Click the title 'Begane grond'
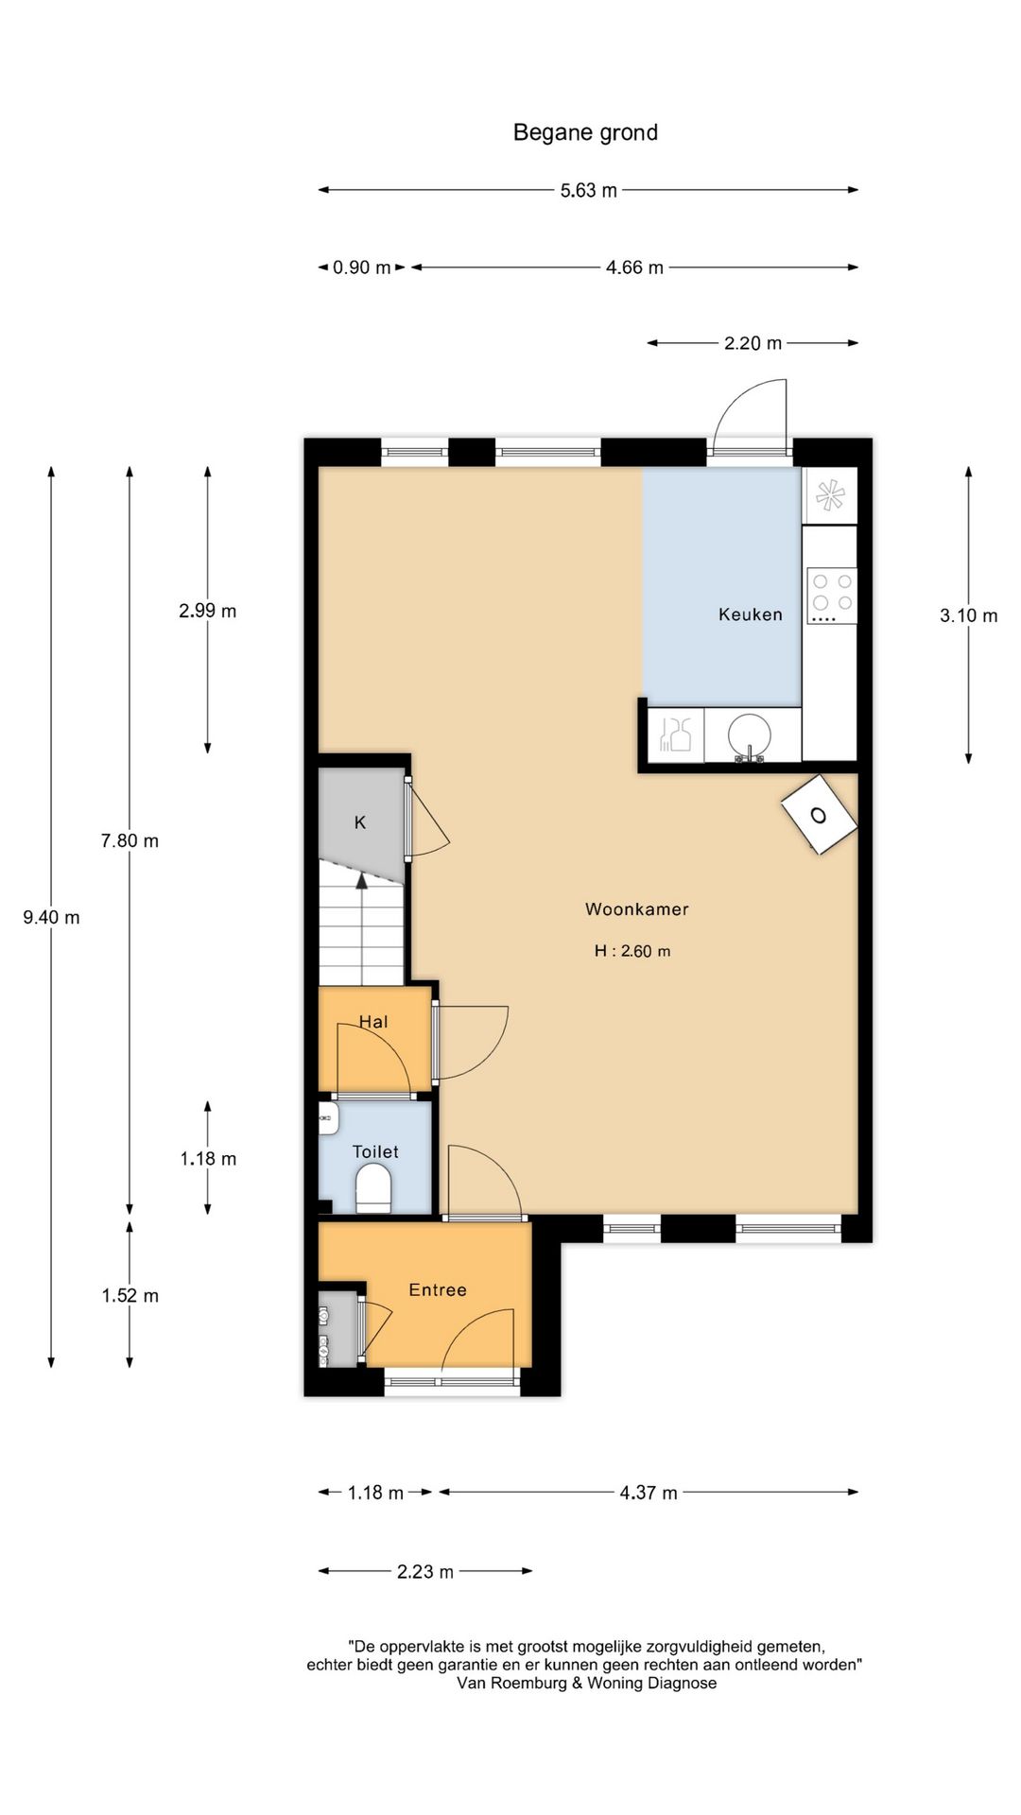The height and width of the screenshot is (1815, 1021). point(585,132)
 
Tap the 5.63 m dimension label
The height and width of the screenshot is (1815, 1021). point(588,190)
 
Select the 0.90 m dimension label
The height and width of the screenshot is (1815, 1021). point(361,268)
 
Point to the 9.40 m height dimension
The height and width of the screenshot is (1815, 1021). point(51,917)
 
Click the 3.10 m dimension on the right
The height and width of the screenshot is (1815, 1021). point(968,615)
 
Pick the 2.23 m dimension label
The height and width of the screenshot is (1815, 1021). point(424,1571)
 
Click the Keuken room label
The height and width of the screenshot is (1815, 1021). point(751,614)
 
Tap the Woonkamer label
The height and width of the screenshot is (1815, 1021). point(637,909)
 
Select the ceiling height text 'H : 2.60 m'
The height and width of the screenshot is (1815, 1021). point(632,951)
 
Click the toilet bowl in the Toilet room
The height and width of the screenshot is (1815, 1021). point(373,1188)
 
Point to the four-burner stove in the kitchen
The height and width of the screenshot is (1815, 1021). point(832,595)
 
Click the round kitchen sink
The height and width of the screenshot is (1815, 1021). point(751,735)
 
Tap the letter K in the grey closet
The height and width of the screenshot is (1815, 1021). point(360,822)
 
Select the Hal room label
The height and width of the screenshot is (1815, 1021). point(373,1022)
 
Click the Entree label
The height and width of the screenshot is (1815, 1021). point(438,1289)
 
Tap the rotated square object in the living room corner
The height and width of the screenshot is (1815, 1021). point(820,815)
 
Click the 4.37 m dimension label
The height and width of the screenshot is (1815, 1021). point(649,1493)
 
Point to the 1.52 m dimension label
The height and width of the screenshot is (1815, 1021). point(130,1295)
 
